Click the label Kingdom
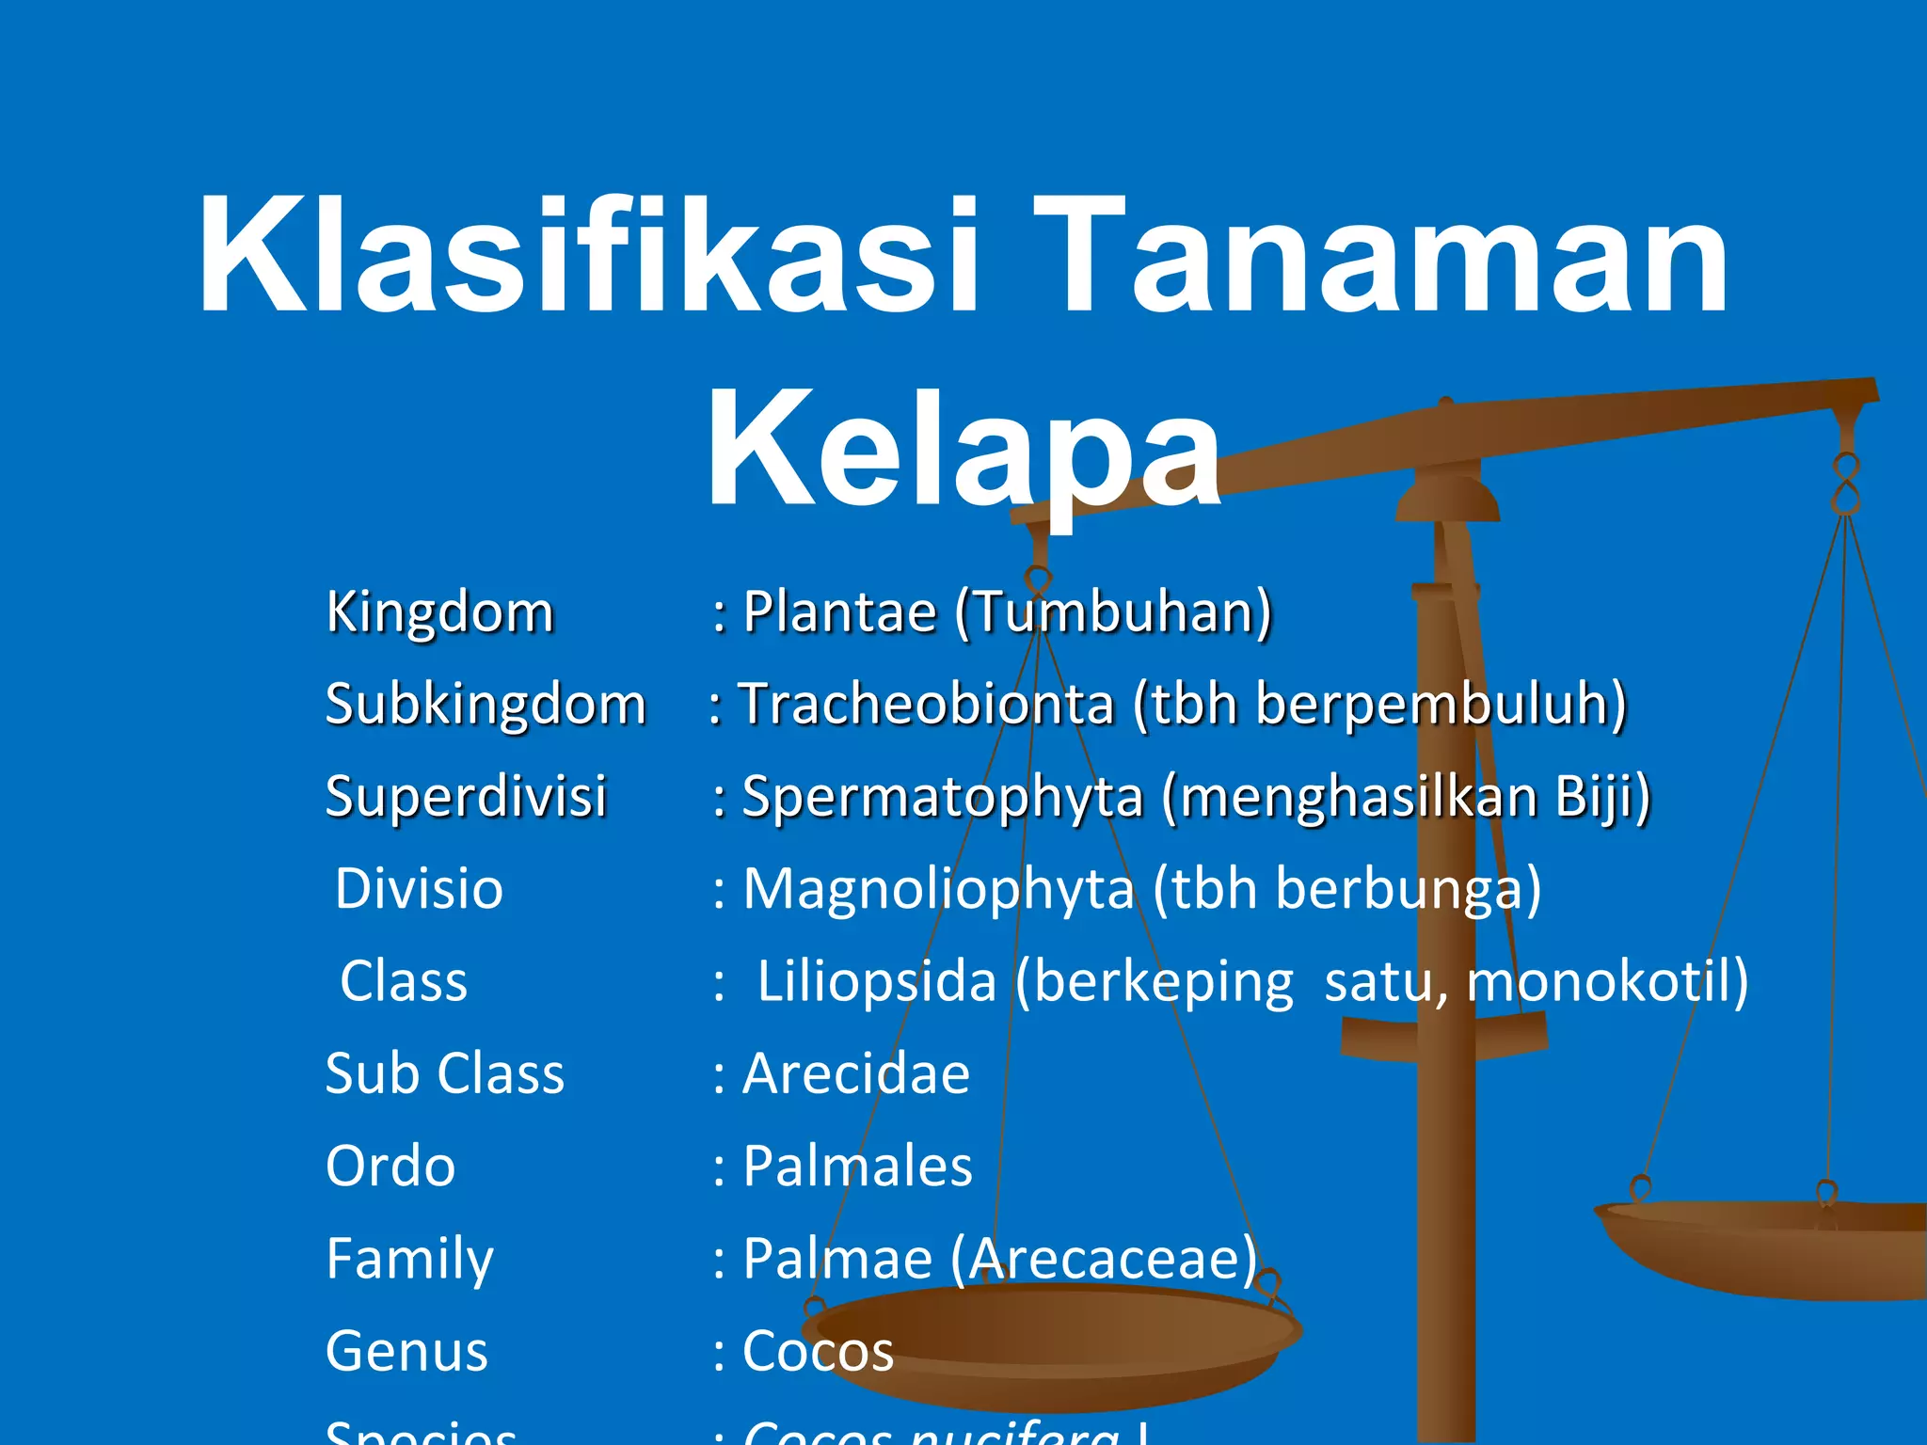point(439,611)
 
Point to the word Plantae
point(839,611)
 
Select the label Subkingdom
point(486,704)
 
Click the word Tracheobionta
point(926,704)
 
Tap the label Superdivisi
point(466,796)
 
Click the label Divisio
point(420,888)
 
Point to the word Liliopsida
point(876,981)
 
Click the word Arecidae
point(856,1073)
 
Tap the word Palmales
point(857,1166)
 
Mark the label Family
point(409,1259)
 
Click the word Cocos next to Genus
point(818,1351)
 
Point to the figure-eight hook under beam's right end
point(1846,484)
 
